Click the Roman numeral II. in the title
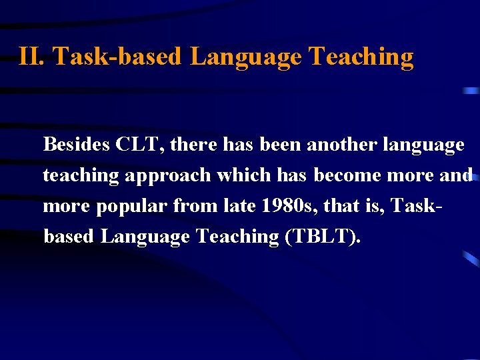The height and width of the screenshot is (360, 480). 32,57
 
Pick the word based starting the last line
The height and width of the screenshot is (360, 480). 69,237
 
